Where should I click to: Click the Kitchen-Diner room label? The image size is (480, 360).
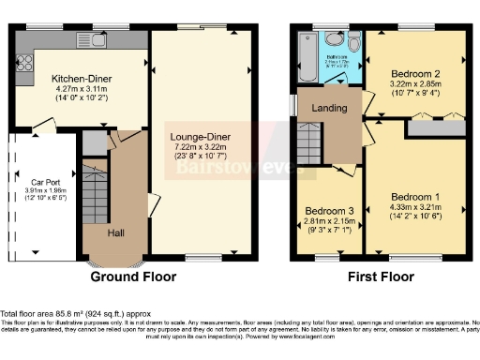82,68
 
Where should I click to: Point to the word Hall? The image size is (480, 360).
116,232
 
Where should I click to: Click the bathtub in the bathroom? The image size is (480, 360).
305,44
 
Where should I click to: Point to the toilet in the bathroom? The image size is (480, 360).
353,43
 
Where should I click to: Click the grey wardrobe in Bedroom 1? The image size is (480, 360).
436,127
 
